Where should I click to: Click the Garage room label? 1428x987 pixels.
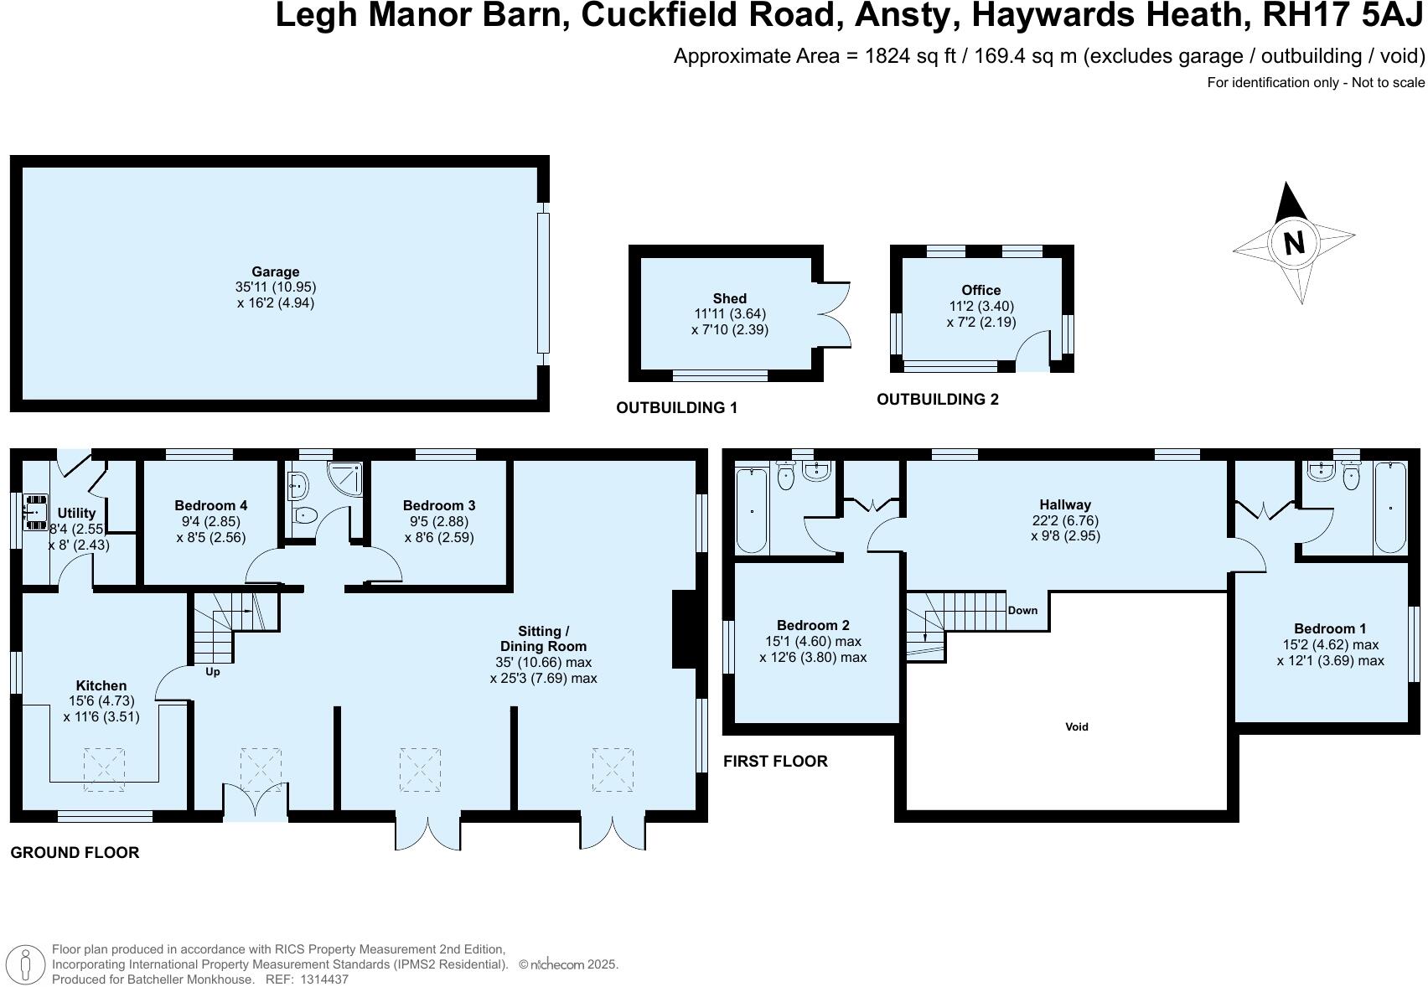tap(275, 271)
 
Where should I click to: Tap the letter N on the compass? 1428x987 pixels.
tap(1294, 243)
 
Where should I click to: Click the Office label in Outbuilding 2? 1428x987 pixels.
tap(980, 290)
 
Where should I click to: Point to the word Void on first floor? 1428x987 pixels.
tap(1076, 726)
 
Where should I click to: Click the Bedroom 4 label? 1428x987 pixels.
tap(210, 505)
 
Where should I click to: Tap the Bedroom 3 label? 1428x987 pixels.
tap(438, 505)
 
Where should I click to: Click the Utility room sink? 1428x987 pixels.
tap(36, 511)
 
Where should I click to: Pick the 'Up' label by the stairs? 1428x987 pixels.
tap(213, 671)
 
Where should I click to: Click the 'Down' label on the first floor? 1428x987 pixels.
tap(1022, 610)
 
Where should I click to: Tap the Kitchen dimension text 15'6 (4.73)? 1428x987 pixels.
tap(101, 700)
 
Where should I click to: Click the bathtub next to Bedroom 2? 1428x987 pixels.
tap(752, 511)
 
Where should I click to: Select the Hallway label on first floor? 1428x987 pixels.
tap(1064, 504)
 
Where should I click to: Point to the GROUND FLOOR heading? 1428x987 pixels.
tap(75, 852)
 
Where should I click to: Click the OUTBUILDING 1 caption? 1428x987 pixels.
tap(676, 408)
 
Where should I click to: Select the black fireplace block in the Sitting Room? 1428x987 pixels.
tap(685, 628)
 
